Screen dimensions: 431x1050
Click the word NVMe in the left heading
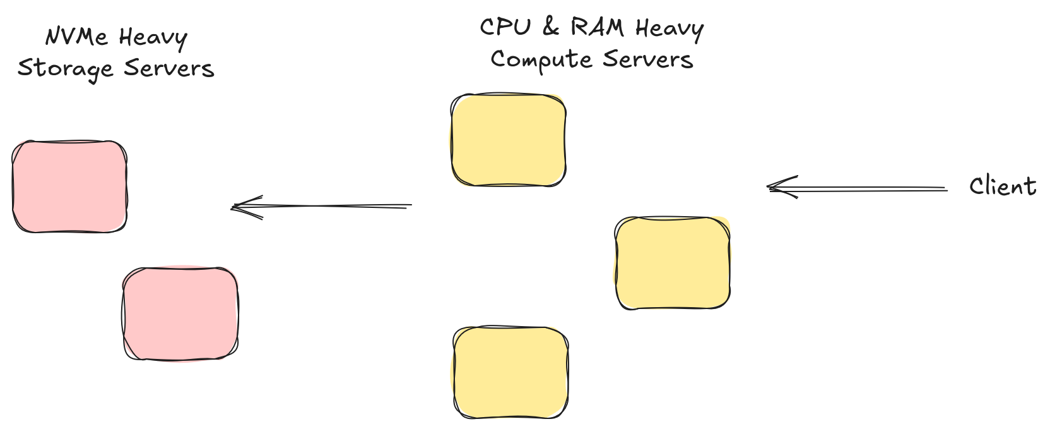click(76, 37)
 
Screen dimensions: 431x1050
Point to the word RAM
click(597, 27)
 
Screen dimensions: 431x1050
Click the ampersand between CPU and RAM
click(551, 27)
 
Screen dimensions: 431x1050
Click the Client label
click(1002, 186)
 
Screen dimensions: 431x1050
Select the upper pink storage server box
click(69, 186)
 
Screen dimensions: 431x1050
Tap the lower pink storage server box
click(180, 313)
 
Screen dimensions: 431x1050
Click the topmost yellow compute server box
click(509, 140)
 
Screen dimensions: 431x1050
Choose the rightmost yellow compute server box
click(673, 263)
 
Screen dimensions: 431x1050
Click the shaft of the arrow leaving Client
click(871, 188)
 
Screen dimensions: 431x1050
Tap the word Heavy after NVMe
click(153, 38)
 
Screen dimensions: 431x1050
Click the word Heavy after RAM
click(669, 29)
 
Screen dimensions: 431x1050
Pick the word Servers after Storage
click(169, 68)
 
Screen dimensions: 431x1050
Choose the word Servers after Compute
click(647, 59)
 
